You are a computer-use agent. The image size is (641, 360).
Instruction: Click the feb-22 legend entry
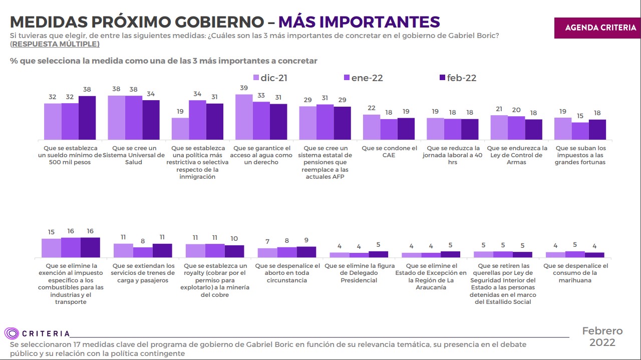pyautogui.click(x=458, y=78)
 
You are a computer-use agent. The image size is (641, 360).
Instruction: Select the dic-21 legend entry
pyautogui.click(x=270, y=78)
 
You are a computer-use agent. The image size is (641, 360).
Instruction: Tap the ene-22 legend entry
pyautogui.click(x=364, y=78)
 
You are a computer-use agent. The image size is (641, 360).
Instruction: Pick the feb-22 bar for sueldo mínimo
pyautogui.click(x=87, y=118)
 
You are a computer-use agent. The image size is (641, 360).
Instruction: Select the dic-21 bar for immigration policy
pyautogui.click(x=180, y=129)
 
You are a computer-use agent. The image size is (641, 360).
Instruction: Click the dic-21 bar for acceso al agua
pyautogui.click(x=244, y=117)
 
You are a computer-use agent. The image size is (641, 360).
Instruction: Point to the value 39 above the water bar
pyautogui.click(x=244, y=88)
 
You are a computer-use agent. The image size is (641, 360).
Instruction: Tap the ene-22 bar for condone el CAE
pyautogui.click(x=389, y=129)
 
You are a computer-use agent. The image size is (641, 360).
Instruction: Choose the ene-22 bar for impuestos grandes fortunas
pyautogui.click(x=580, y=131)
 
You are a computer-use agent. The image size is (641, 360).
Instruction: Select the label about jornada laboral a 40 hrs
pyautogui.click(x=453, y=155)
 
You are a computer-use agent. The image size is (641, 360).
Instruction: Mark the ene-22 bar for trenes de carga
pyautogui.click(x=143, y=252)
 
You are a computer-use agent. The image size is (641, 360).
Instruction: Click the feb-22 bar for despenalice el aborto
pyautogui.click(x=306, y=252)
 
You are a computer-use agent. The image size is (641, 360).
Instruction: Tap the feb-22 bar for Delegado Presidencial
pyautogui.click(x=378, y=254)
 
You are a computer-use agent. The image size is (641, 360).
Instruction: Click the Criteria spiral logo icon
pyautogui.click(x=12, y=333)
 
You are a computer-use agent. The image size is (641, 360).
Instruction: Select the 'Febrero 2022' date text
pyautogui.click(x=602, y=337)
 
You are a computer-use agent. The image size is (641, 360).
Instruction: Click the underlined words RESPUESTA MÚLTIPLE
pyautogui.click(x=55, y=44)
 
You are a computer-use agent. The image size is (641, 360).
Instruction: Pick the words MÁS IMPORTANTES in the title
pyautogui.click(x=359, y=22)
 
